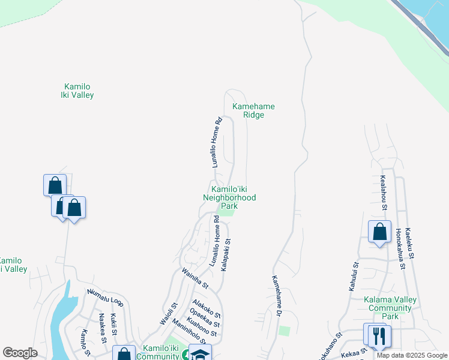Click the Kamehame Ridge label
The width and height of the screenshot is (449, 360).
click(253, 110)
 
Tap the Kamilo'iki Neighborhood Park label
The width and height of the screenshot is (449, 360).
click(229, 197)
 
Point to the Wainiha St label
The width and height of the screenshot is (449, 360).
click(196, 277)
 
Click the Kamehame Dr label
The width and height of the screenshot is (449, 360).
click(276, 295)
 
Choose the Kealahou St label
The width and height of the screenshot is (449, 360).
click(383, 193)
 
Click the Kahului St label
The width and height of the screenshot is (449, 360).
click(354, 277)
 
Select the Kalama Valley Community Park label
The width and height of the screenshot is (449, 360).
click(390, 308)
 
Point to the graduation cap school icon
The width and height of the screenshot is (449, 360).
click(200, 354)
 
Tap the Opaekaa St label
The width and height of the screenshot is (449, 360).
click(204, 319)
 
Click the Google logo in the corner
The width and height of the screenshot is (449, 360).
click(20, 353)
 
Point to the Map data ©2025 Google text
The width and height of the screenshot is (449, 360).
click(412, 355)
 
